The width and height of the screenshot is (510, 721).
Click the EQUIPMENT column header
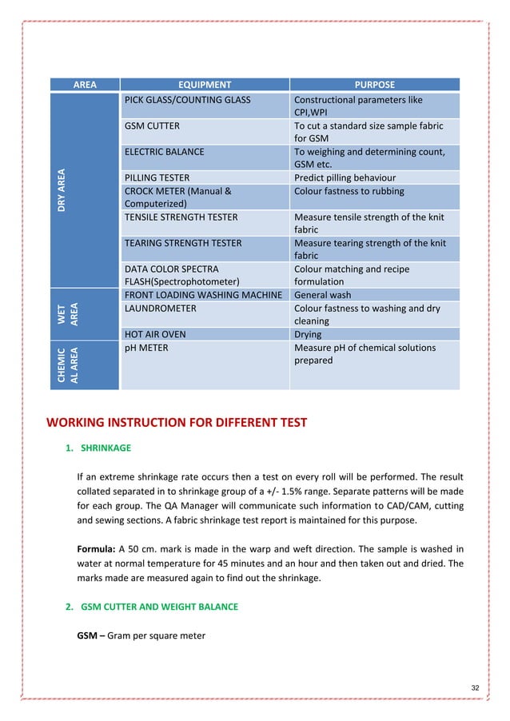click(x=204, y=84)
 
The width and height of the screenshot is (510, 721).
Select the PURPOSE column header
click(x=374, y=84)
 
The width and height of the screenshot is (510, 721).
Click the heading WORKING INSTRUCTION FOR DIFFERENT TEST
click(x=177, y=423)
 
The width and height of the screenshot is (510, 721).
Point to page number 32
click(x=476, y=688)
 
